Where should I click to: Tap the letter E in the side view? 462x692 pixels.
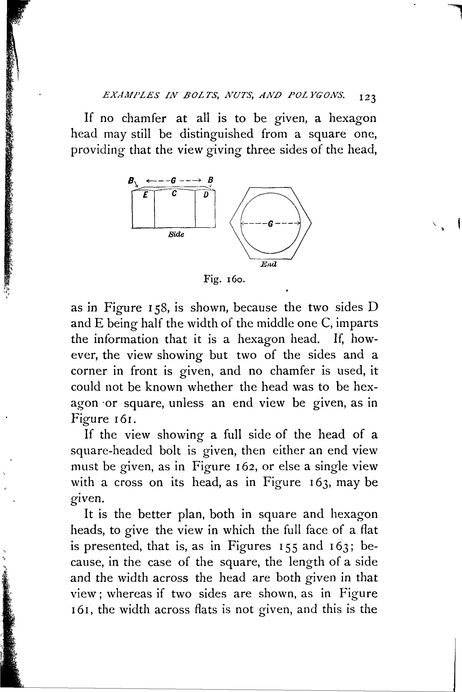point(145,195)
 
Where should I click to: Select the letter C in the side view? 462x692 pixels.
point(174,194)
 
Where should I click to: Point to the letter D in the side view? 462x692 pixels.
point(206,195)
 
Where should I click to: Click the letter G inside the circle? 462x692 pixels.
point(270,224)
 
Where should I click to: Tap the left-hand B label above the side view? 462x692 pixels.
point(130,180)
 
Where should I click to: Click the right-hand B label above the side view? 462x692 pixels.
point(210,179)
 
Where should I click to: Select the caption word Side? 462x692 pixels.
point(176,235)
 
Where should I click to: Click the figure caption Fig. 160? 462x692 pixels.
point(224,279)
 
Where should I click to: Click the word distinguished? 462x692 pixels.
point(216,134)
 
